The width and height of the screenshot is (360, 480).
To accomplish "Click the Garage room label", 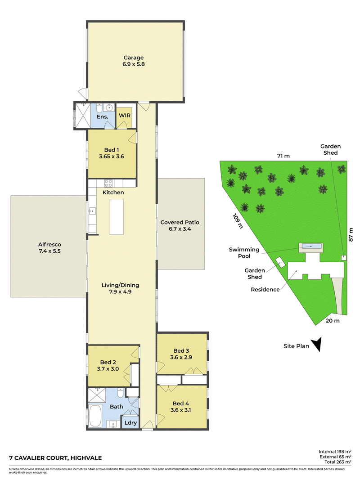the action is tap(134, 58).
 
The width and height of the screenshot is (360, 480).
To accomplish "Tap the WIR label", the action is tap(125, 116).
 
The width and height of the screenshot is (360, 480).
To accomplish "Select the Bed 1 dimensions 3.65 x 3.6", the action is tap(112, 157).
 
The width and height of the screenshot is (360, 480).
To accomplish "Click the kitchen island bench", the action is tap(117, 217).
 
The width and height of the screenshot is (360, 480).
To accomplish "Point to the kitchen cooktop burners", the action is tap(108, 184).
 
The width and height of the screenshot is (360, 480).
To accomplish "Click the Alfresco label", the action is tap(49, 244).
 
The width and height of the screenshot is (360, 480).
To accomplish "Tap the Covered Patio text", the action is tap(180, 222).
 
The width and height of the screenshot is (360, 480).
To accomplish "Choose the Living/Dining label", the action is tap(120, 285).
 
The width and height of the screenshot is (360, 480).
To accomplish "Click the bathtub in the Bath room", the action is tap(95, 416).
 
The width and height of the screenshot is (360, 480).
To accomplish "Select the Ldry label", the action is tap(130, 423).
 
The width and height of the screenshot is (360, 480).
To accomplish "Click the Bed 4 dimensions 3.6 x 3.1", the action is tap(180, 410).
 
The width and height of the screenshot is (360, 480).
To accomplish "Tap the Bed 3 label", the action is tap(181, 350).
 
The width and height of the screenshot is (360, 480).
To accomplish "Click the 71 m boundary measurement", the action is tap(283, 156).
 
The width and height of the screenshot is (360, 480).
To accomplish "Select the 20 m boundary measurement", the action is tap(333, 321).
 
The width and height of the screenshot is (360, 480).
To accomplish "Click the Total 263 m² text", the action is tap(338, 462).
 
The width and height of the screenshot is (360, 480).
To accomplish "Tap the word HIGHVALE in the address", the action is tap(86, 458).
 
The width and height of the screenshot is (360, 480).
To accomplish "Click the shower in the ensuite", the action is tap(83, 115).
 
